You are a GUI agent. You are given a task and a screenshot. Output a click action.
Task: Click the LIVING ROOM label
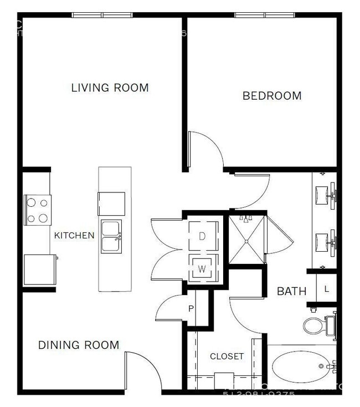point(110,88)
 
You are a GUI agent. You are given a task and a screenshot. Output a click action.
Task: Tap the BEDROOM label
point(272,96)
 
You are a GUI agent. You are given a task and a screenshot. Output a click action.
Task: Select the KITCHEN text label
point(74,235)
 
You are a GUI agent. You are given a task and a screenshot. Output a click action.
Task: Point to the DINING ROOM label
point(78,345)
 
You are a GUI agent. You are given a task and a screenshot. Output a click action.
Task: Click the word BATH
point(291,291)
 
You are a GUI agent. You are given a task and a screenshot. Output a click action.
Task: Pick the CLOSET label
point(227,356)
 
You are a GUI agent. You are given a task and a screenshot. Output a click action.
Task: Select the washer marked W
point(202,269)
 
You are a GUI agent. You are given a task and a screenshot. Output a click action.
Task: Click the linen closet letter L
point(327,288)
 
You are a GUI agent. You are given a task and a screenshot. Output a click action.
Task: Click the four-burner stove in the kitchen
point(38,210)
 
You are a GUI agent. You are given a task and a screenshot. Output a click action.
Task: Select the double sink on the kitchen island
point(111,237)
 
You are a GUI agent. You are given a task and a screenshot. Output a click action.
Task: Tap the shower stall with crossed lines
point(246,238)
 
